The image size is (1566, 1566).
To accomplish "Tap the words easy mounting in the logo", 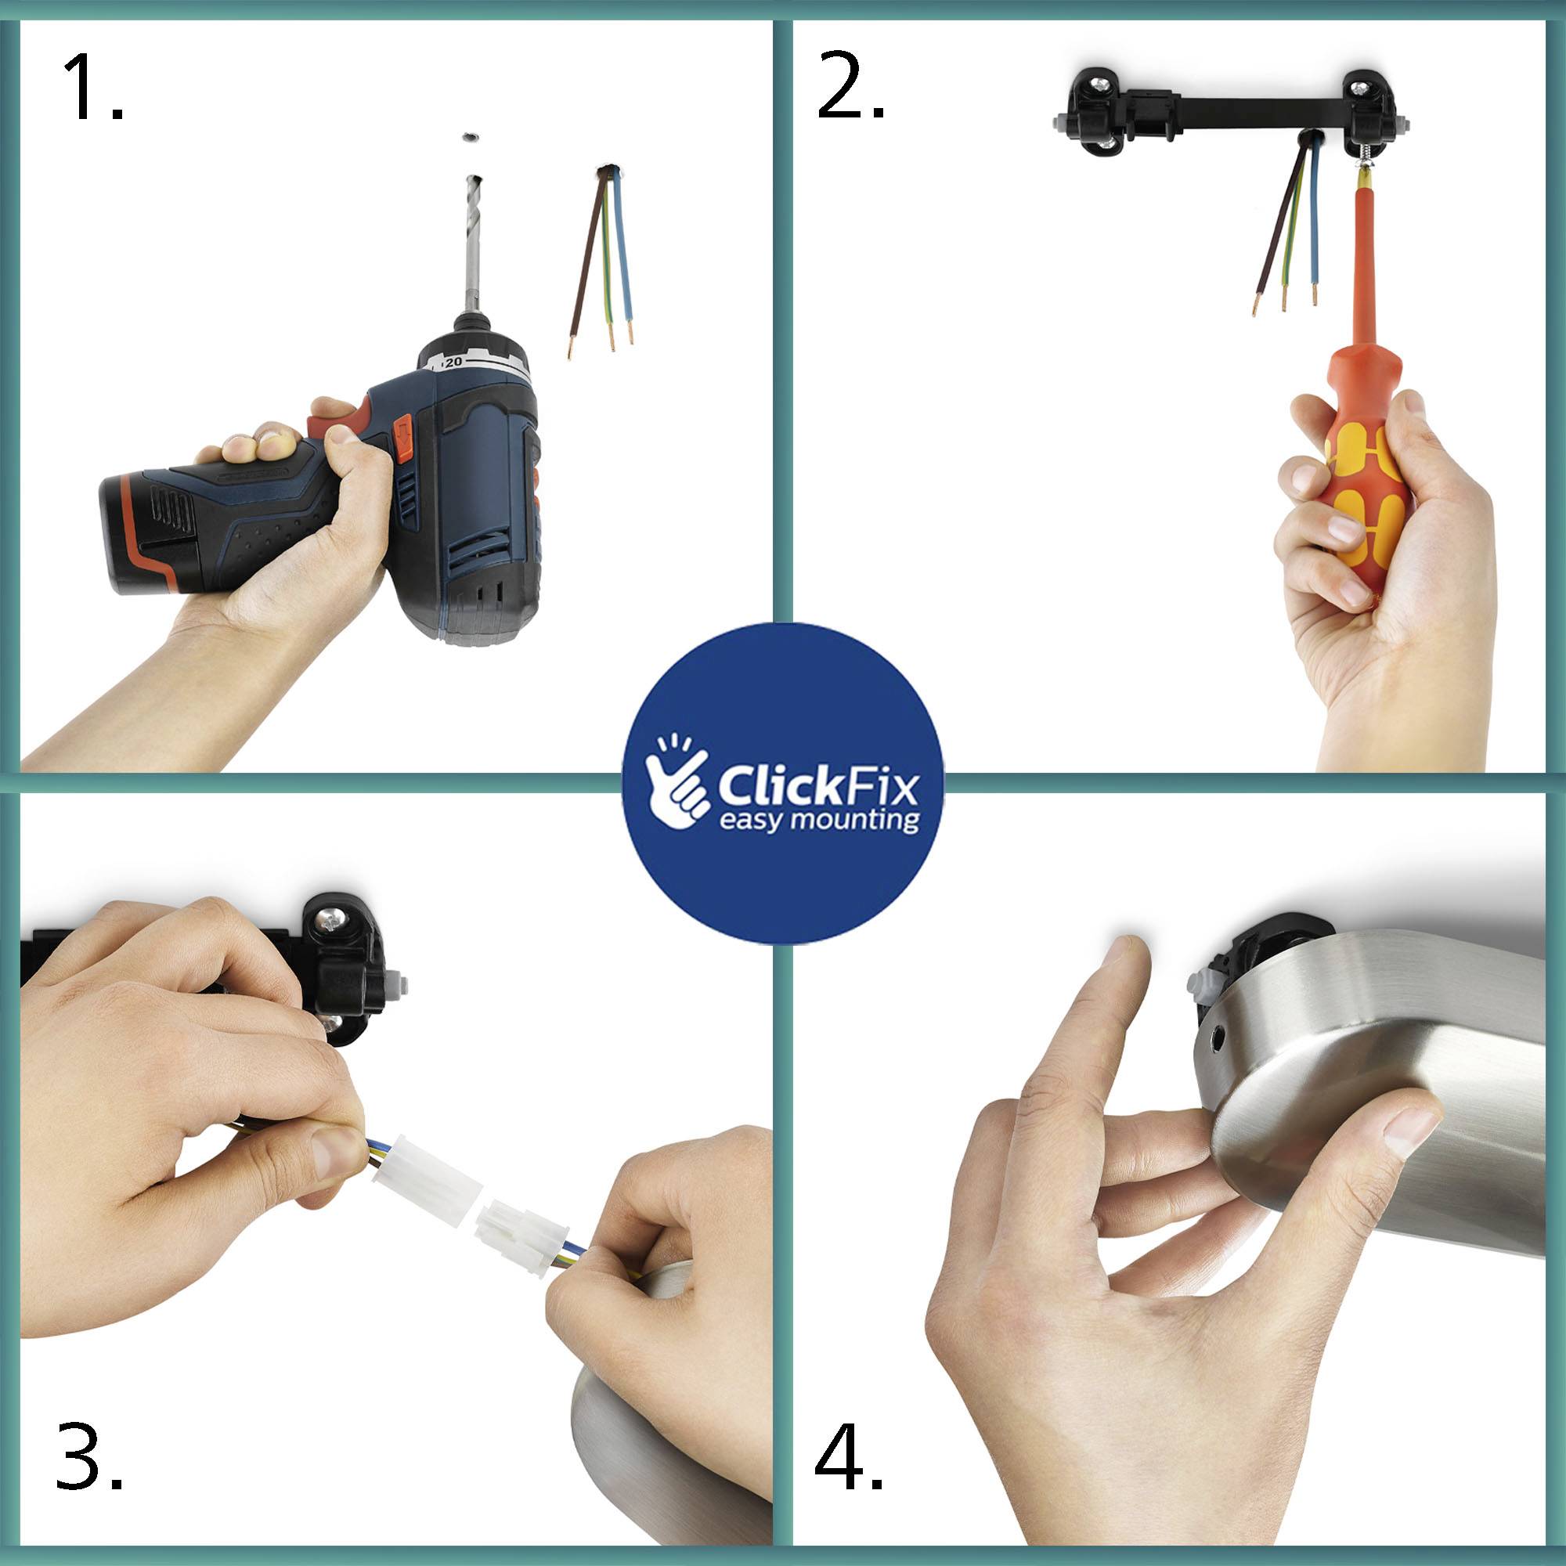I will tap(819, 821).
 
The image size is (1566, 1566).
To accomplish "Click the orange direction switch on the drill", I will tap(402, 435).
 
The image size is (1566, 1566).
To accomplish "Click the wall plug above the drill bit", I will tap(469, 138).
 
